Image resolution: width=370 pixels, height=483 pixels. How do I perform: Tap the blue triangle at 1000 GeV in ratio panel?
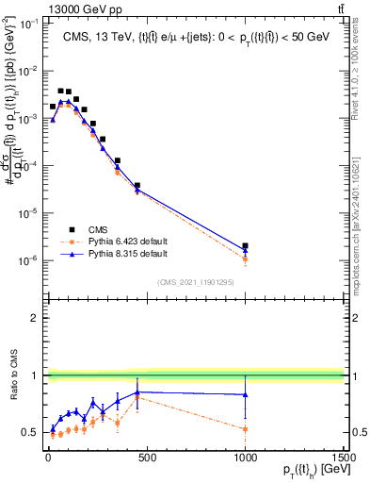click(245, 394)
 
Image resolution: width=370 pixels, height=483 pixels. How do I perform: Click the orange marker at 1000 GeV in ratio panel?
click(245, 429)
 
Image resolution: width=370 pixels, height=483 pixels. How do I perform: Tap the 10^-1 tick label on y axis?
click(27, 23)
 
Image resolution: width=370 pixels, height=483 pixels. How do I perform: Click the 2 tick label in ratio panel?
click(32, 318)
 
